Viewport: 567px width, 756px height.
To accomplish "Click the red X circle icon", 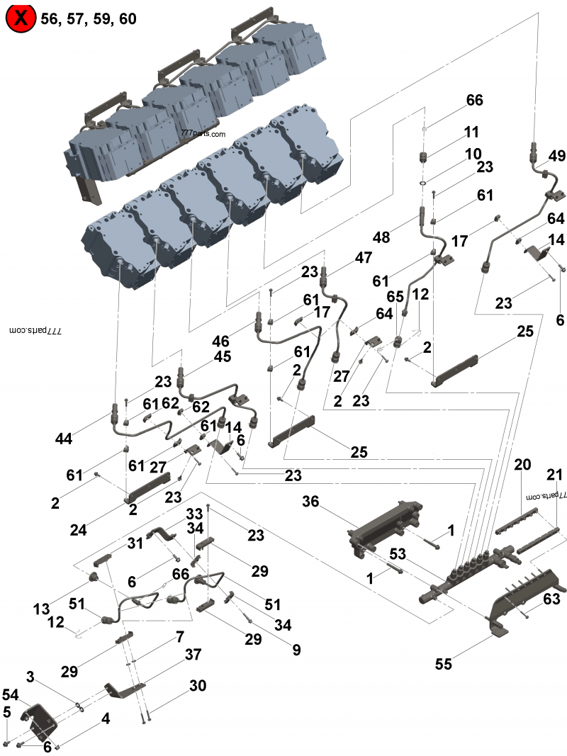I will tap(21, 18).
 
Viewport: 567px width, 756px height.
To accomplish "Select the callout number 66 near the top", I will tap(474, 101).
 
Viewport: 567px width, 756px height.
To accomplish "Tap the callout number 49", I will tap(557, 156).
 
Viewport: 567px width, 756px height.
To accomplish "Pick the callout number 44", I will tap(64, 440).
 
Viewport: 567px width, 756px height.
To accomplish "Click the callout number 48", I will tap(381, 237).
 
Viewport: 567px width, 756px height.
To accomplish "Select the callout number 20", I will tap(522, 465).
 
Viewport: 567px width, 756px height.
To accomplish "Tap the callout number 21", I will tap(555, 474).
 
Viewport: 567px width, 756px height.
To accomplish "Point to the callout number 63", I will tap(551, 599).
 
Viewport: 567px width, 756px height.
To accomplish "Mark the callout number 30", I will tap(198, 686).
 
